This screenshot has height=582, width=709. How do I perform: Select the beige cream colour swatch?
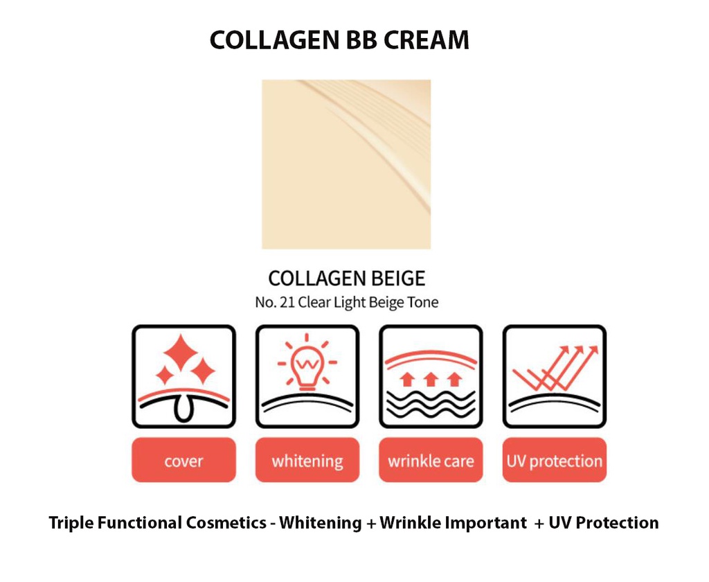coord(346,164)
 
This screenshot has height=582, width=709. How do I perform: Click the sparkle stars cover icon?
coord(183,376)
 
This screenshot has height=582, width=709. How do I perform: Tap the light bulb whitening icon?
coord(307,376)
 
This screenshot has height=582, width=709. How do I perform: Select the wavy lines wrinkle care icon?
coord(431,376)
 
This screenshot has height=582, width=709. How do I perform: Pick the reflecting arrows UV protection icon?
coord(554,376)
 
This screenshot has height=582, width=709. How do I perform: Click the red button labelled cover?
coord(183,460)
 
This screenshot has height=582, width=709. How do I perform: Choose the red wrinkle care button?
coord(431,460)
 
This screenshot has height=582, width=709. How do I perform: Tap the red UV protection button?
coord(554,460)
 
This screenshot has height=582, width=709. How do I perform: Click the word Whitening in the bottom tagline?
coord(320,523)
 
